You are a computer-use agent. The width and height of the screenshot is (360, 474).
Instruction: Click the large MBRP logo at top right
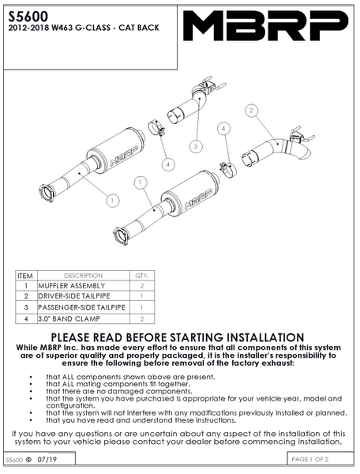266,26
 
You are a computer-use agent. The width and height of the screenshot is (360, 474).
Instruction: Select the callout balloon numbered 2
251,111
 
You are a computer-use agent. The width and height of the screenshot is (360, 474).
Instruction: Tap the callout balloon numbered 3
196,147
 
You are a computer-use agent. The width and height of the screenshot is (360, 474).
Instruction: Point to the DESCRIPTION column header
84,276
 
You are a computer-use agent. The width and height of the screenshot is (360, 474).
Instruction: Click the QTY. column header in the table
142,276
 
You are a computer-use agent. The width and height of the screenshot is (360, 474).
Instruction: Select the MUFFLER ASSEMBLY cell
72,286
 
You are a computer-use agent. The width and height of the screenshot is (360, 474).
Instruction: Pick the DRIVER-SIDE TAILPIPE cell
74,296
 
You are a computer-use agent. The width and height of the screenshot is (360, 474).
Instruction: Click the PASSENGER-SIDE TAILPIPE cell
81,307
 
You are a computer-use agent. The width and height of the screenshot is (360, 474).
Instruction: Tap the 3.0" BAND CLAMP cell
69,318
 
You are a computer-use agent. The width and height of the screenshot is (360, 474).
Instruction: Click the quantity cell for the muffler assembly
142,286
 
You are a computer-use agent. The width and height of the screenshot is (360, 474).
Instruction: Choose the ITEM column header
25,276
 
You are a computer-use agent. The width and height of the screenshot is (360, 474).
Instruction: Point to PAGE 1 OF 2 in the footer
309,460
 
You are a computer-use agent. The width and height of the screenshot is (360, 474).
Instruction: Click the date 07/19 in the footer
47,460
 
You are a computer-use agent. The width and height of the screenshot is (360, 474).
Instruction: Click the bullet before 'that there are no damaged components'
31,392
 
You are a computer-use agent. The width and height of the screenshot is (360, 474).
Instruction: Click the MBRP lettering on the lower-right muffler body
198,199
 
